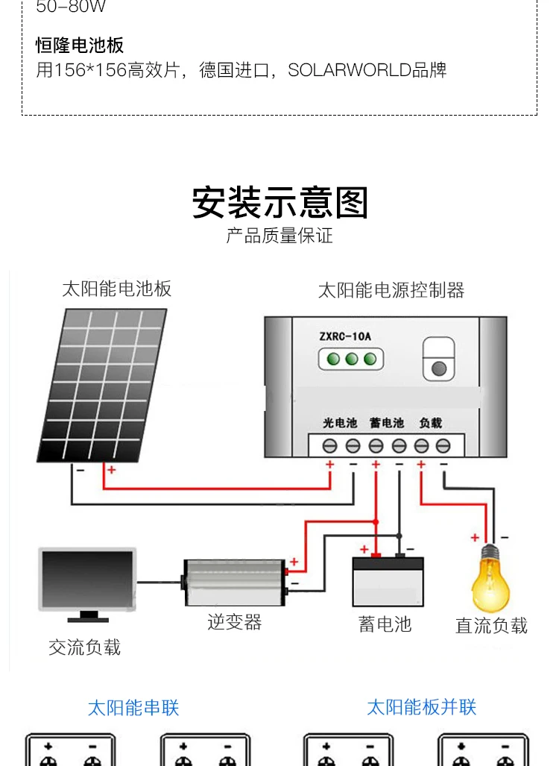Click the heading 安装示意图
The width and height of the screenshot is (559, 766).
[279, 203]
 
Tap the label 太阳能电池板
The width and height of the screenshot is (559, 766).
[117, 288]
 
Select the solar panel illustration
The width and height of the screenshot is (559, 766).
[102, 385]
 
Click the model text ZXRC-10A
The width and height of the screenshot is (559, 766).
[345, 336]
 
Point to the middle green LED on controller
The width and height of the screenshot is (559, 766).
[352, 359]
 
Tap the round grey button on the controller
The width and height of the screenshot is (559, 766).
[439, 368]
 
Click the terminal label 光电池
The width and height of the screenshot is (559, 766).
[340, 423]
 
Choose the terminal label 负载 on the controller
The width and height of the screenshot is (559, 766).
[431, 423]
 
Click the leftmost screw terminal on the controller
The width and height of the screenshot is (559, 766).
[329, 445]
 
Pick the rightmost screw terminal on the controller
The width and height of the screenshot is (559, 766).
[443, 445]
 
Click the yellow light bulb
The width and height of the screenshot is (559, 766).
[490, 580]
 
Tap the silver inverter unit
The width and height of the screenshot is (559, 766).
[234, 583]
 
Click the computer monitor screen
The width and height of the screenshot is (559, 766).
[87, 579]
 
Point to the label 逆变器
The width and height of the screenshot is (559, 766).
[234, 622]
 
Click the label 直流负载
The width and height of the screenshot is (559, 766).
[491, 625]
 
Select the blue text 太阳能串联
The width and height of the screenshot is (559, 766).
[133, 707]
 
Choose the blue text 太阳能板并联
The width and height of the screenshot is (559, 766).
[421, 707]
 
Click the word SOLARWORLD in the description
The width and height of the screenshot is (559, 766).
[350, 70]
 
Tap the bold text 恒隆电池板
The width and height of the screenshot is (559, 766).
[80, 45]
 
